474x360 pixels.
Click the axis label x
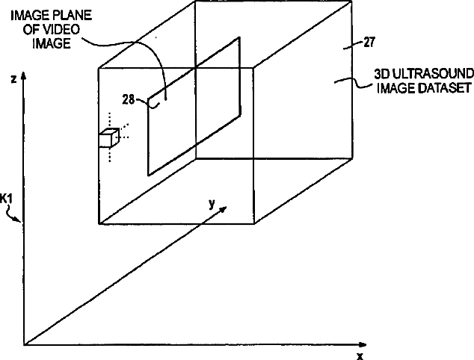[x=360, y=356]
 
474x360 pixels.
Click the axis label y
[x=212, y=202]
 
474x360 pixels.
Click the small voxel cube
[x=109, y=138]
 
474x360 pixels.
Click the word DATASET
[x=445, y=87]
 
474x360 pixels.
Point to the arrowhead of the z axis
[x=25, y=75]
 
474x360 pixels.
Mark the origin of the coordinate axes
[x=25, y=345]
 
